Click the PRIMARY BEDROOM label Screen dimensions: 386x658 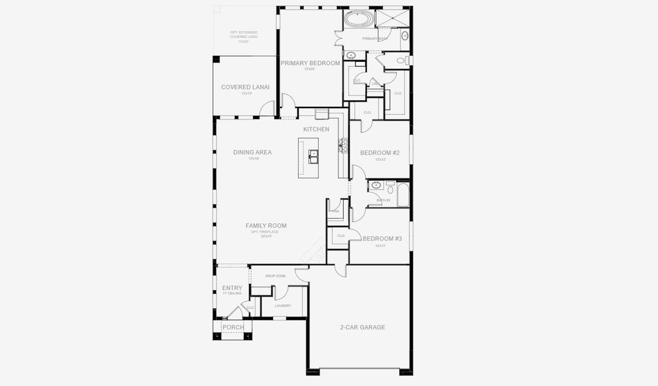tap(310, 63)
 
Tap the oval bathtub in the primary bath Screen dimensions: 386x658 tap(359, 19)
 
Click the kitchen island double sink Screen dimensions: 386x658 tap(314, 154)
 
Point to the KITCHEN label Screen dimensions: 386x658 tap(316, 129)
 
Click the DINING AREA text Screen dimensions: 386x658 tap(252, 152)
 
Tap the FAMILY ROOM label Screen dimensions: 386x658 tap(266, 226)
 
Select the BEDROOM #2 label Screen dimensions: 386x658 tap(380, 153)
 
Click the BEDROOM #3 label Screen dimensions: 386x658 tap(382, 239)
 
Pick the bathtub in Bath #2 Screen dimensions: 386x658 tap(403, 195)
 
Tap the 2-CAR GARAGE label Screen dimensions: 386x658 tap(362, 327)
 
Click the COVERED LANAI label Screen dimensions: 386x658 tap(245, 87)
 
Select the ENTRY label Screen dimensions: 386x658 tap(232, 288)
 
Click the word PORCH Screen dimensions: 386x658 tap(233, 327)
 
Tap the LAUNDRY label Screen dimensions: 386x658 tap(283, 306)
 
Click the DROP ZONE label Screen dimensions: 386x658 tap(276, 276)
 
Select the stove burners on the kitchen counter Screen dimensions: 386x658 tap(344, 145)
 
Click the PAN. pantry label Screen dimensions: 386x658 tap(335, 211)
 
